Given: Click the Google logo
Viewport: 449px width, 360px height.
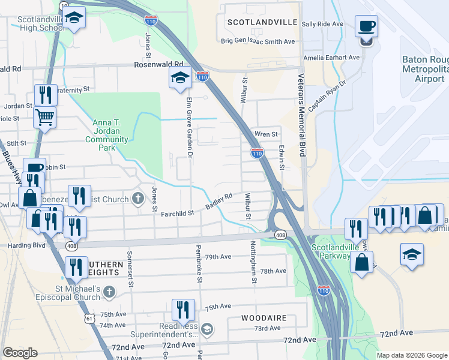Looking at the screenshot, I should [x=20, y=353].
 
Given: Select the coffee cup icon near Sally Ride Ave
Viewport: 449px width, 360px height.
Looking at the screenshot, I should [x=366, y=27].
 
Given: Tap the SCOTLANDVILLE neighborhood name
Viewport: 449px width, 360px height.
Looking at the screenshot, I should [x=262, y=22].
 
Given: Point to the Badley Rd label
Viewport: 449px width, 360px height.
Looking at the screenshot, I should [x=219, y=201].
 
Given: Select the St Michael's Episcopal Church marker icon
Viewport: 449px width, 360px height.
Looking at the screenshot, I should [x=109, y=292].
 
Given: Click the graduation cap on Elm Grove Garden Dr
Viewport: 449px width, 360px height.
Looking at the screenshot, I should [x=179, y=77].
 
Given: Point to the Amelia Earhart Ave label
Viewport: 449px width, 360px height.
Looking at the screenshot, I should [x=331, y=58].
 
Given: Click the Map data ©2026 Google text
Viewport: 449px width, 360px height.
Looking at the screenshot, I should [x=412, y=355].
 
